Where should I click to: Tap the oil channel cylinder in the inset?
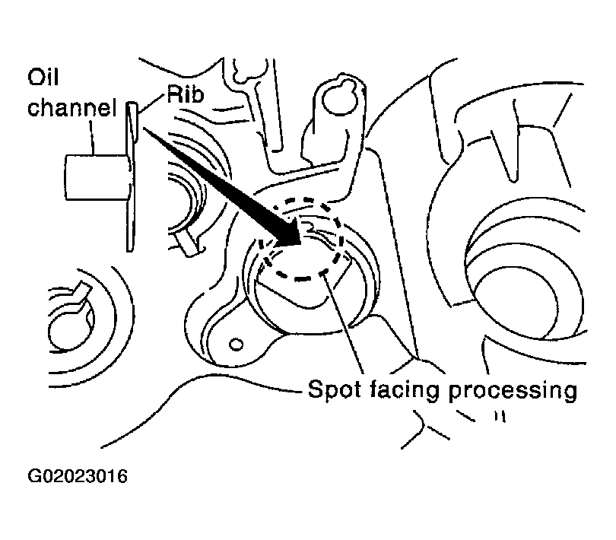tap(92, 175)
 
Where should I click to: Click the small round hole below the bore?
tap(237, 345)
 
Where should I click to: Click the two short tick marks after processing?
tap(499, 417)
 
